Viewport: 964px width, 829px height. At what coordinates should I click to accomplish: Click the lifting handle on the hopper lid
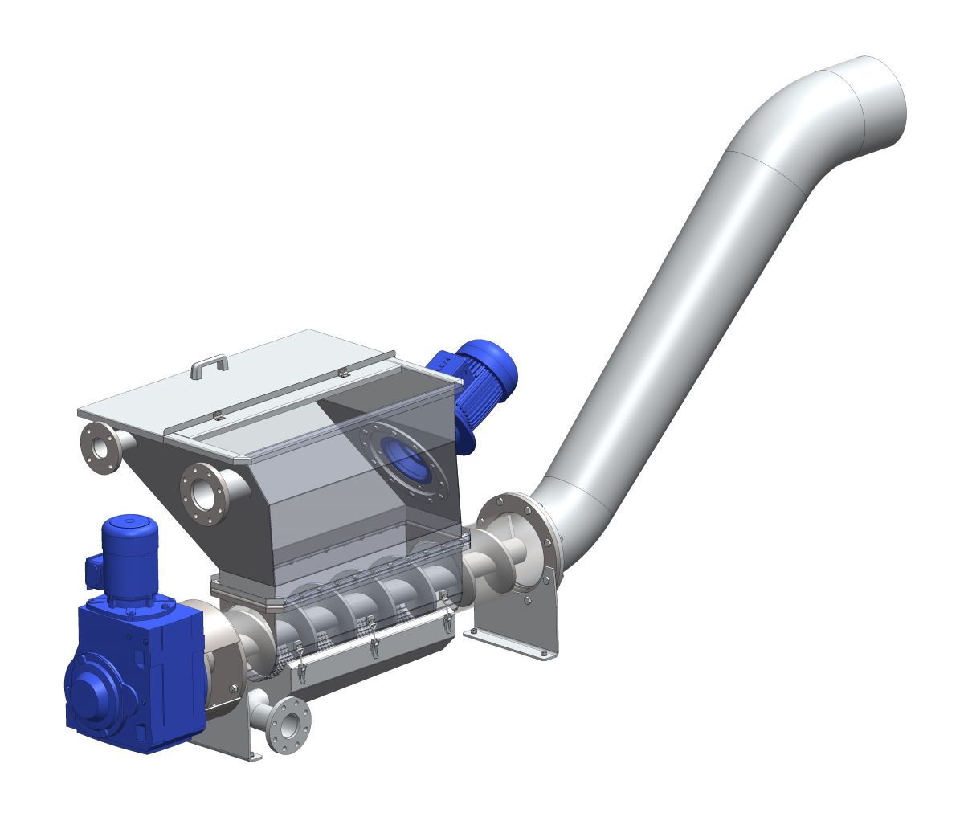(x=209, y=365)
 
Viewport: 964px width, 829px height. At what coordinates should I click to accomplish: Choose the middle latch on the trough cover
(x=372, y=639)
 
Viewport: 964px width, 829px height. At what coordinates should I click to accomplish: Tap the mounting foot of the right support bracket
(x=514, y=643)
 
